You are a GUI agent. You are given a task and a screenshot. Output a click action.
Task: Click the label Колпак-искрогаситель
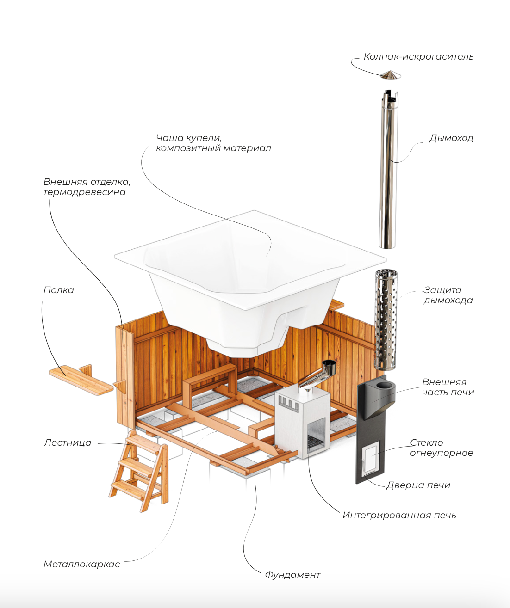point(418,57)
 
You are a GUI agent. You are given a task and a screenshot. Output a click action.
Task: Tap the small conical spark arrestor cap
point(390,75)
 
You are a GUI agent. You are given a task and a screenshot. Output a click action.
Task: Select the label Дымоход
point(451,138)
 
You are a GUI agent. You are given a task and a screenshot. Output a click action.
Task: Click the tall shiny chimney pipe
point(388,171)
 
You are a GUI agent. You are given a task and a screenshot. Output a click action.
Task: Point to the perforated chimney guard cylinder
point(386,319)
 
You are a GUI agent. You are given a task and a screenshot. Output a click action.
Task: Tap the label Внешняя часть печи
point(448,387)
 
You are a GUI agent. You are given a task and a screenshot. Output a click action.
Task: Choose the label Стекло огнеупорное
point(441,448)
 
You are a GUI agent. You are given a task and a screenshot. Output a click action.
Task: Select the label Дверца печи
point(418,485)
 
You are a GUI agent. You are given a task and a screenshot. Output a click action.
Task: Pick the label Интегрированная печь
point(399,516)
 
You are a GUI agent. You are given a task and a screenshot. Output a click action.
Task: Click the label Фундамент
point(292,575)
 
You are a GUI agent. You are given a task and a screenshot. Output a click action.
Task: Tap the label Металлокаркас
point(81,565)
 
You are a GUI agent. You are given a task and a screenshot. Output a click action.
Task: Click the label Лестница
point(68,443)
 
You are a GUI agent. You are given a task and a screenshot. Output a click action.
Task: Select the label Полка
point(58,290)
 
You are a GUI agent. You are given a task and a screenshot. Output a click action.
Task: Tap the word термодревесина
point(84,192)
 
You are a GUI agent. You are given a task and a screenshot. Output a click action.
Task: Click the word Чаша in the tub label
point(170,138)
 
